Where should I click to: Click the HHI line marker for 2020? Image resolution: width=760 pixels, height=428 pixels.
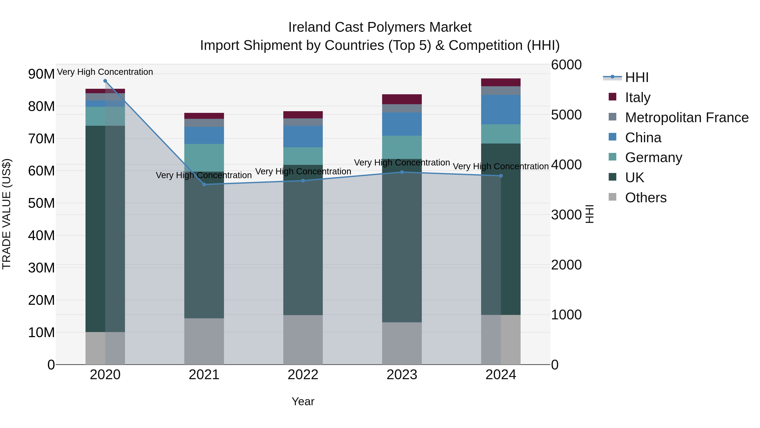pyautogui.click(x=105, y=81)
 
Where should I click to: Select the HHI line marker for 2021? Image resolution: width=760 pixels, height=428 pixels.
pyautogui.click(x=204, y=184)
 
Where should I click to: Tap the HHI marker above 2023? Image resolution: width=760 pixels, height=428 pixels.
pyautogui.click(x=402, y=172)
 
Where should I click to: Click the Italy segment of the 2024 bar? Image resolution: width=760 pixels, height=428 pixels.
pyautogui.click(x=501, y=82)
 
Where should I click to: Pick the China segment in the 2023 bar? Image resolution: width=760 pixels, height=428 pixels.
pyautogui.click(x=402, y=124)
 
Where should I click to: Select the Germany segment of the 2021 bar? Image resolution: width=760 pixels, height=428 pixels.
pyautogui.click(x=204, y=158)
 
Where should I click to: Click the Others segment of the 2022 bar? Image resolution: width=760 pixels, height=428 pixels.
pyautogui.click(x=303, y=340)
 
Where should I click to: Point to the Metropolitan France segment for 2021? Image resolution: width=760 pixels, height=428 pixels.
pyautogui.click(x=204, y=123)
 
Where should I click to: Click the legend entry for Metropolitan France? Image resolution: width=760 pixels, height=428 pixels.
pyautogui.click(x=686, y=118)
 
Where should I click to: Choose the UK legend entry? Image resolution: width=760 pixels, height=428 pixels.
pyautogui.click(x=634, y=178)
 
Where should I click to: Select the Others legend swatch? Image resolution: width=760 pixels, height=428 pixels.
pyautogui.click(x=612, y=197)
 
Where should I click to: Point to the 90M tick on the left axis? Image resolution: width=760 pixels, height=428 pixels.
pyautogui.click(x=41, y=74)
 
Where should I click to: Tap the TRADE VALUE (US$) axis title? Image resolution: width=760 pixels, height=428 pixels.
pyautogui.click(x=7, y=214)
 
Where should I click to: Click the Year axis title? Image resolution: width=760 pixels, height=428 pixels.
pyautogui.click(x=303, y=401)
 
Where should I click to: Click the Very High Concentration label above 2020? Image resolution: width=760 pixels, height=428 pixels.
pyautogui.click(x=105, y=72)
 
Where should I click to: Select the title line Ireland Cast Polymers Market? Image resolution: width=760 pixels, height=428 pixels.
pyautogui.click(x=380, y=27)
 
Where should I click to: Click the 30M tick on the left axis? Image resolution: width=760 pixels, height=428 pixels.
pyautogui.click(x=41, y=268)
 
